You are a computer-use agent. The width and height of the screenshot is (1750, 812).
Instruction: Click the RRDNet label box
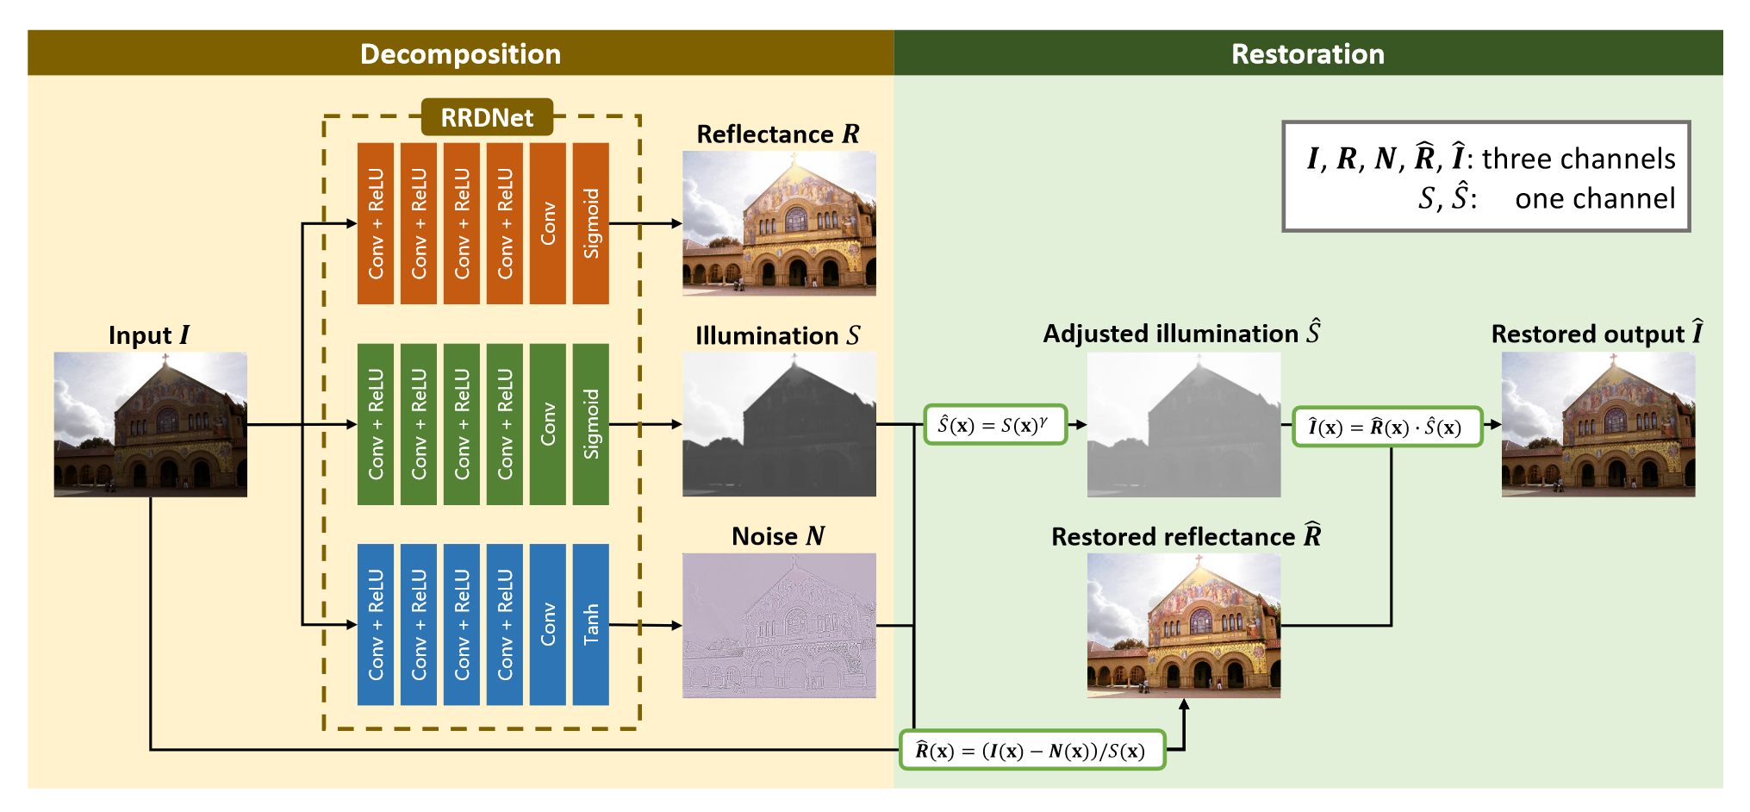pyautogui.click(x=487, y=117)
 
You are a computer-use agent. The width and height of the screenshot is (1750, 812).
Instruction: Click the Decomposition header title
pyautogui.click(x=460, y=53)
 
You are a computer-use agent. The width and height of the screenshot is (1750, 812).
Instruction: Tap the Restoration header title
pyautogui.click(x=1307, y=53)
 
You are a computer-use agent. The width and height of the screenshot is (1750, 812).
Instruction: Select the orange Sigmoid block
pyautogui.click(x=591, y=223)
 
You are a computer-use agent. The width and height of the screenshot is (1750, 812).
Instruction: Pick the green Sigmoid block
pyautogui.click(x=591, y=424)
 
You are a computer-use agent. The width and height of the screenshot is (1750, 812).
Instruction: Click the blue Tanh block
pyautogui.click(x=591, y=624)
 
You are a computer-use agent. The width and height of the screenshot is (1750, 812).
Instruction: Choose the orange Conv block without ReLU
pyautogui.click(x=548, y=223)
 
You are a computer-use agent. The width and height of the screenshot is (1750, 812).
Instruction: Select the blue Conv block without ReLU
pyautogui.click(x=548, y=624)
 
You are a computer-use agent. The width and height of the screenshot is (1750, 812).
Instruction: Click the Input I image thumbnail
pyautogui.click(x=151, y=424)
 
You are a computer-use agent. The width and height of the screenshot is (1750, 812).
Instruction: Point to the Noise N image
pyautogui.click(x=779, y=625)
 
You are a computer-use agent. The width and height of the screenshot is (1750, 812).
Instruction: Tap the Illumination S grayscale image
pyautogui.click(x=779, y=424)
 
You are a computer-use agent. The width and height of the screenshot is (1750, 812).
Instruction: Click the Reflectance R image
pyautogui.click(x=779, y=223)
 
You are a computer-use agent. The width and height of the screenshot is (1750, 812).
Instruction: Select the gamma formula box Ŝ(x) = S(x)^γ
pyautogui.click(x=995, y=425)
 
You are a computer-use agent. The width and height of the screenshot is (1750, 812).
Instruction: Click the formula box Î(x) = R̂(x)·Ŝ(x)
pyautogui.click(x=1387, y=427)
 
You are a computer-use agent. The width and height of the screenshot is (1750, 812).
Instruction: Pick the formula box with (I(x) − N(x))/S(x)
pyautogui.click(x=1031, y=750)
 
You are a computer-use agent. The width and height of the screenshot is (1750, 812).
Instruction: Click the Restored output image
pyautogui.click(x=1598, y=424)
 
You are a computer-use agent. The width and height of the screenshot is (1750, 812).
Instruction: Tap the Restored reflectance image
pyautogui.click(x=1184, y=625)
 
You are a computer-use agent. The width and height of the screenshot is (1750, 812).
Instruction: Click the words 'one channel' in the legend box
pyautogui.click(x=1595, y=199)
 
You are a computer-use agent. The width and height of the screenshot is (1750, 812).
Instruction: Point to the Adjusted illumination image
pyautogui.click(x=1184, y=424)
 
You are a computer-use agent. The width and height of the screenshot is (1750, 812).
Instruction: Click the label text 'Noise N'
pyautogui.click(x=778, y=536)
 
